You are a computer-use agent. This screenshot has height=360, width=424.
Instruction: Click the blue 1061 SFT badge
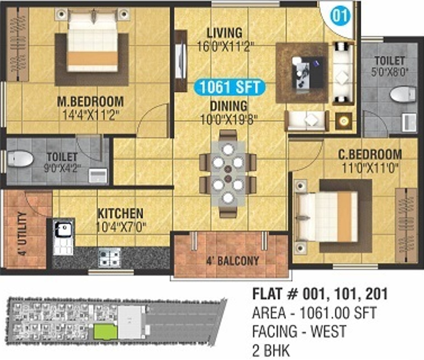click(x=230, y=87)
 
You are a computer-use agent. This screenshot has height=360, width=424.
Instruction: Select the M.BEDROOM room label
click(x=90, y=101)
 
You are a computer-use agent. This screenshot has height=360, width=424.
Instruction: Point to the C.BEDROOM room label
click(x=370, y=154)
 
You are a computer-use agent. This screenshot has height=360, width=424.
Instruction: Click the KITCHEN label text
click(x=120, y=213)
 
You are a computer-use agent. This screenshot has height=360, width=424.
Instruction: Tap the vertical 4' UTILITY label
click(x=22, y=234)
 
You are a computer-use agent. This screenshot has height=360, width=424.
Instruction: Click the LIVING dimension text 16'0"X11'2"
click(x=225, y=46)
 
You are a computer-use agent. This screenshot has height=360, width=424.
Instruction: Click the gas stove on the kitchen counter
click(x=109, y=257)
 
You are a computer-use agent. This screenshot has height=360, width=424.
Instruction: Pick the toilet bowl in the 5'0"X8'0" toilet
click(x=402, y=94)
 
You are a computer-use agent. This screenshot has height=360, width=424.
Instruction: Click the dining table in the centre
click(x=228, y=173)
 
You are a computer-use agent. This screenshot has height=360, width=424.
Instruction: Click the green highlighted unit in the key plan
click(x=105, y=332)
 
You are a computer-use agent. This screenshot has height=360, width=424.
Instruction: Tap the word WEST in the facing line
click(x=328, y=331)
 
